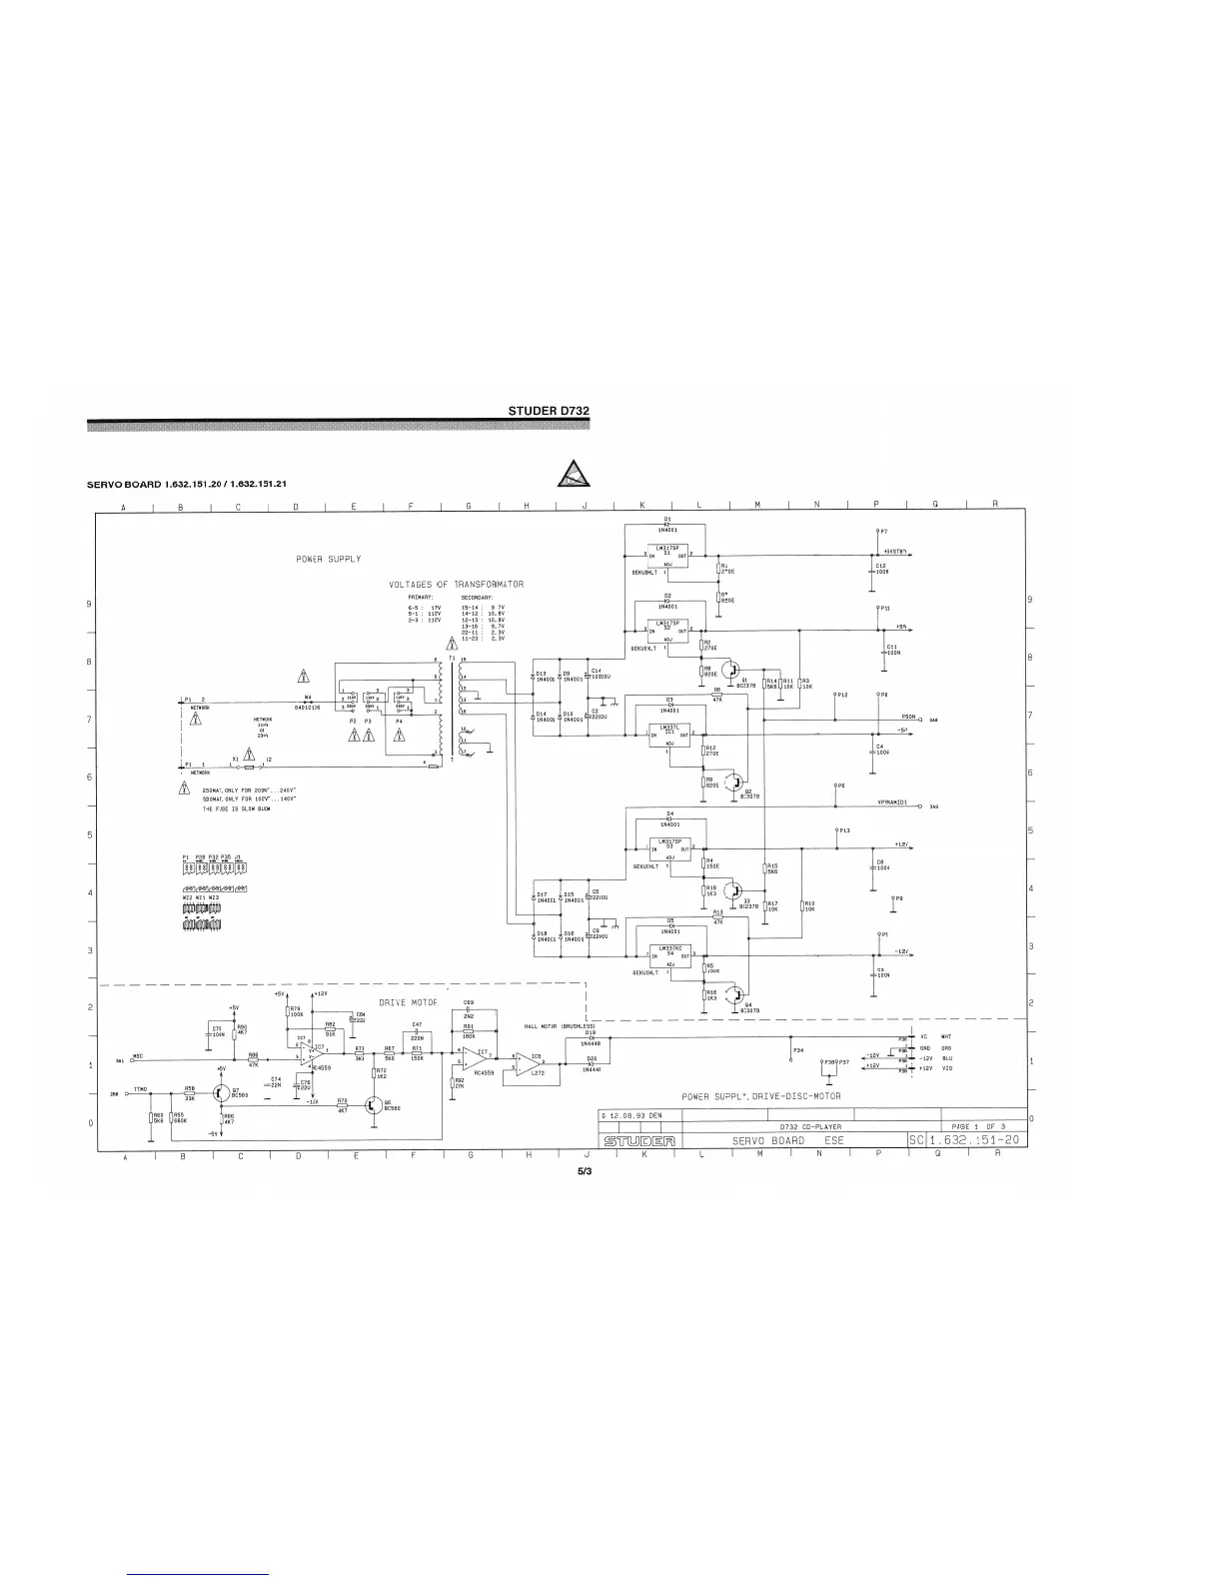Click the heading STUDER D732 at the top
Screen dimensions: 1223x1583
click(551, 410)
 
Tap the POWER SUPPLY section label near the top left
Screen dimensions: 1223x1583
click(329, 559)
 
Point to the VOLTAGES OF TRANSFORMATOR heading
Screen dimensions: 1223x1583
click(456, 584)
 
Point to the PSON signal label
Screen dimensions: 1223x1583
click(910, 717)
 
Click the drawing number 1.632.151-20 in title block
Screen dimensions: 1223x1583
click(974, 1141)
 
